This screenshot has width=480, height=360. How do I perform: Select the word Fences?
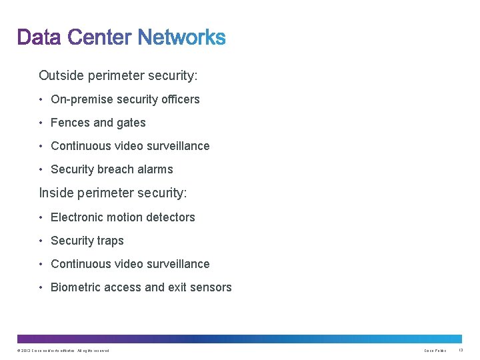(70, 123)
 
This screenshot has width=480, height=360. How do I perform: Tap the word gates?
(131, 123)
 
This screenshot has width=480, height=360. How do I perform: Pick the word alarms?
(156, 169)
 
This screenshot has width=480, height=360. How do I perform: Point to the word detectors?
(170, 217)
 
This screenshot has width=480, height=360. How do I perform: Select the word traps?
(110, 241)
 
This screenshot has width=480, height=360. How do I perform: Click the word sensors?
(211, 287)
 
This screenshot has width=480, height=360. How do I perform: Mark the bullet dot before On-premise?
(41, 100)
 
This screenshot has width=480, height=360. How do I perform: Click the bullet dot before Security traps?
(41, 241)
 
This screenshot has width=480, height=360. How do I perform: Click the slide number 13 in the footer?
(461, 351)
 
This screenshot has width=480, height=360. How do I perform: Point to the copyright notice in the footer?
(63, 351)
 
